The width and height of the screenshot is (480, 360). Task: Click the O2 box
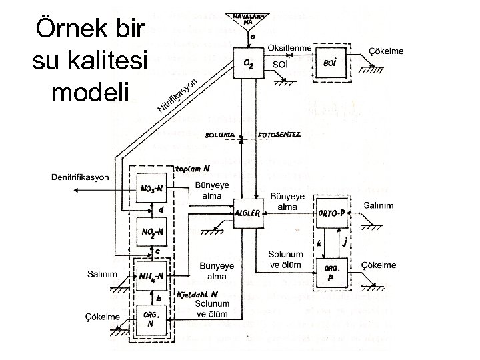(248, 64)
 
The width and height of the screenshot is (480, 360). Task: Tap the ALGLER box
(247, 213)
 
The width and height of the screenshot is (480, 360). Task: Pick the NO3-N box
(153, 189)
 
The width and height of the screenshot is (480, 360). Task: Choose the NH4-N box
(153, 275)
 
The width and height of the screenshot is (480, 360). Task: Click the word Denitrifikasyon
(80, 177)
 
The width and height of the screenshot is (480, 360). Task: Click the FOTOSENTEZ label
(285, 135)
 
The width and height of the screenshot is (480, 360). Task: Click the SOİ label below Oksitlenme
(281, 64)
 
